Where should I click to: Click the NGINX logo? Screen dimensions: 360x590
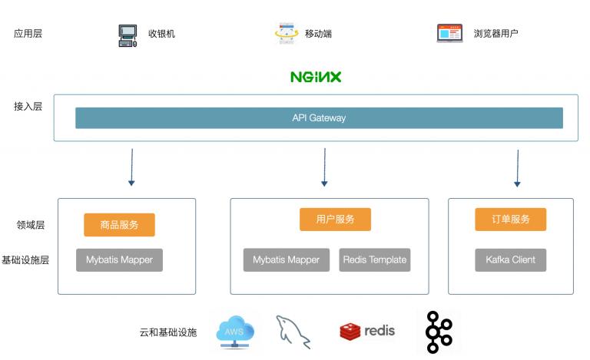[316, 77]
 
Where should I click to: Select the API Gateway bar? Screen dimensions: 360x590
[319, 118]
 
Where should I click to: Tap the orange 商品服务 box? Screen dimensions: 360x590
[119, 225]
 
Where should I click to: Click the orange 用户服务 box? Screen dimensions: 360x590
[335, 220]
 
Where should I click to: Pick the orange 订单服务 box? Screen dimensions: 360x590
[511, 220]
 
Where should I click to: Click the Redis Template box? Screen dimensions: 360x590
[375, 260]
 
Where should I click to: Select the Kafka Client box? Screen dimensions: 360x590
[511, 260]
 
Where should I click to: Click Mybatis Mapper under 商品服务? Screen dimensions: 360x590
[119, 260]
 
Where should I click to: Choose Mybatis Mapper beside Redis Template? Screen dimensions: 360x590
[287, 260]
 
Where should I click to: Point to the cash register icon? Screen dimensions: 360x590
[128, 35]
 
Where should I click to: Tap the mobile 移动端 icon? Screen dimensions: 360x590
[287, 34]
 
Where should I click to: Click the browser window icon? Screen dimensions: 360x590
[449, 33]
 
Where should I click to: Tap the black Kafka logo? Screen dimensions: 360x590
[439, 332]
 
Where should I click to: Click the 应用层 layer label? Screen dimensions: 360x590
[28, 34]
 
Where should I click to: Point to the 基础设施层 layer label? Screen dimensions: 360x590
[25, 260]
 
